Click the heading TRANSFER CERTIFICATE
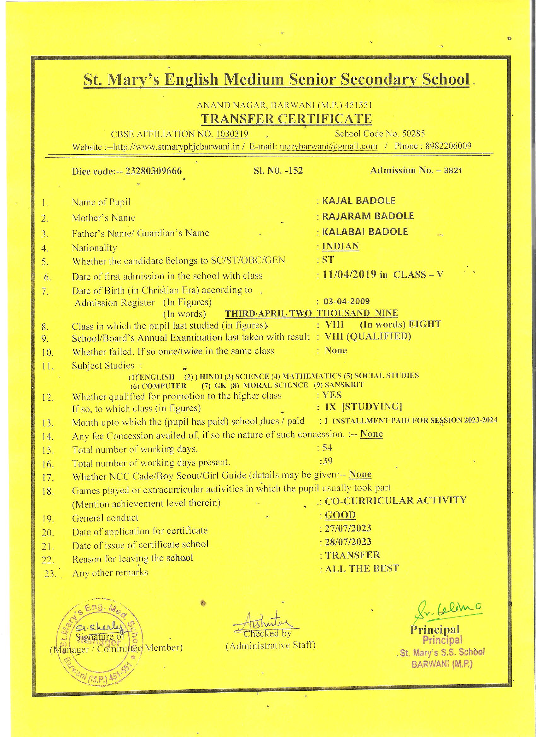(x=286, y=119)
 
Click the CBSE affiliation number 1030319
(x=232, y=134)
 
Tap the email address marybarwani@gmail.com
(x=329, y=146)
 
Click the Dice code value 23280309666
(x=154, y=171)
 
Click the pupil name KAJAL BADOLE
(x=358, y=200)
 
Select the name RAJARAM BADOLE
(x=368, y=216)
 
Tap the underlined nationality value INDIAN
(x=340, y=246)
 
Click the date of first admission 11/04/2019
(x=350, y=275)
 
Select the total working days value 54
(x=327, y=448)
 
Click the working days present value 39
(x=327, y=461)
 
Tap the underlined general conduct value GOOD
(x=340, y=515)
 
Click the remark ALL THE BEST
(x=362, y=568)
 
